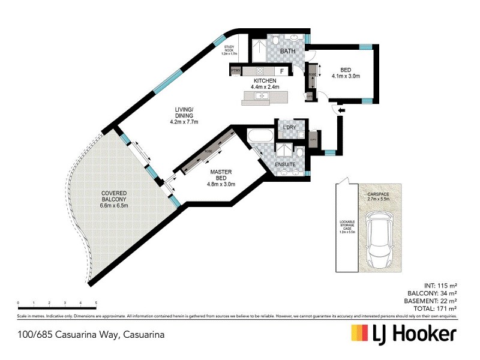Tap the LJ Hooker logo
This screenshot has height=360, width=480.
(x=403, y=334)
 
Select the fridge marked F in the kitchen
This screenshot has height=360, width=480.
(x=281, y=71)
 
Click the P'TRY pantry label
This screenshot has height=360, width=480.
(x=236, y=71)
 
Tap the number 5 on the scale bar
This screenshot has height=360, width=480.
(x=96, y=303)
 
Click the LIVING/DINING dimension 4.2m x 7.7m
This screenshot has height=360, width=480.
(x=184, y=122)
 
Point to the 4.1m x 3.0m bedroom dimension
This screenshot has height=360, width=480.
(x=345, y=76)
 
